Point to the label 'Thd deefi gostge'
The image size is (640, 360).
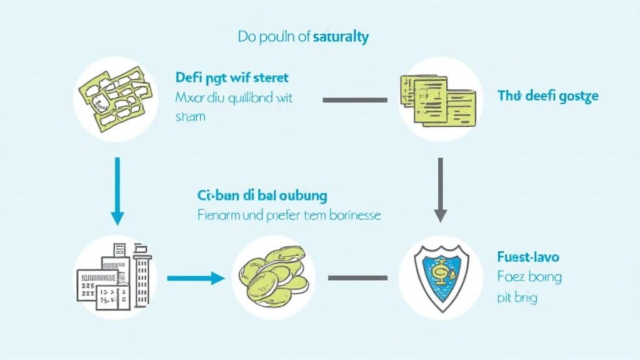point(547,96)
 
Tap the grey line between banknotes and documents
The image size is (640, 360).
point(354,99)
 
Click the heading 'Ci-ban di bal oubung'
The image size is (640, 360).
point(262,195)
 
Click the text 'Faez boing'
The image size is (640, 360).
point(529,276)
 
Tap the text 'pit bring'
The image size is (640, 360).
point(517,297)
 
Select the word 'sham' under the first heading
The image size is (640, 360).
point(191,117)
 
